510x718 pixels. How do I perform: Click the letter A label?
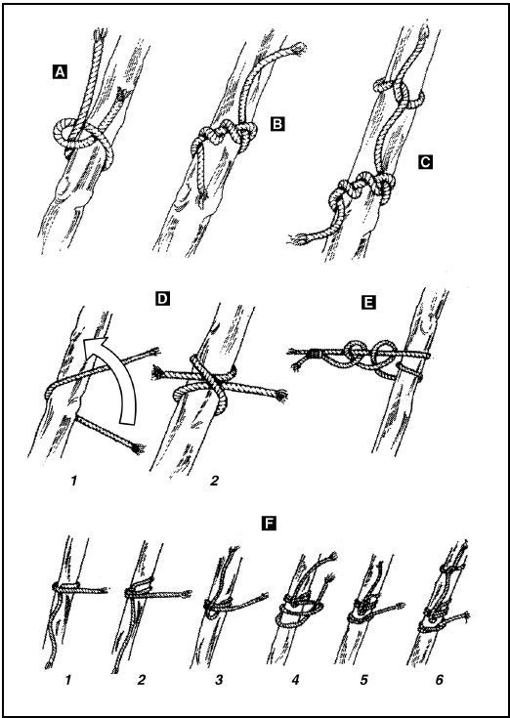(60, 72)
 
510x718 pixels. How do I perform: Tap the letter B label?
(277, 124)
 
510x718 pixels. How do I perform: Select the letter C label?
(425, 161)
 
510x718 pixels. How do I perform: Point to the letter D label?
(162, 299)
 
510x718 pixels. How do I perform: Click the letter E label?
(368, 302)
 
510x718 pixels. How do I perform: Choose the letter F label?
(269, 523)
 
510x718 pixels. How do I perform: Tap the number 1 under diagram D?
(73, 482)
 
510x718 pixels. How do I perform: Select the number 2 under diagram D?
(214, 482)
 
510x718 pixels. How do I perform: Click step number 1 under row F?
(68, 681)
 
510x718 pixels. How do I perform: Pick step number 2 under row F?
(141, 681)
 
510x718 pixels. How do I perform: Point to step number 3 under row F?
(219, 681)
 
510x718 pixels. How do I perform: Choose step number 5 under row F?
(364, 681)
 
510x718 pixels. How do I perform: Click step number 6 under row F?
(440, 681)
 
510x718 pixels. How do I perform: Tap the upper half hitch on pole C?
(400, 94)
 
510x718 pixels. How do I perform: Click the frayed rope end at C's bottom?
(299, 238)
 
